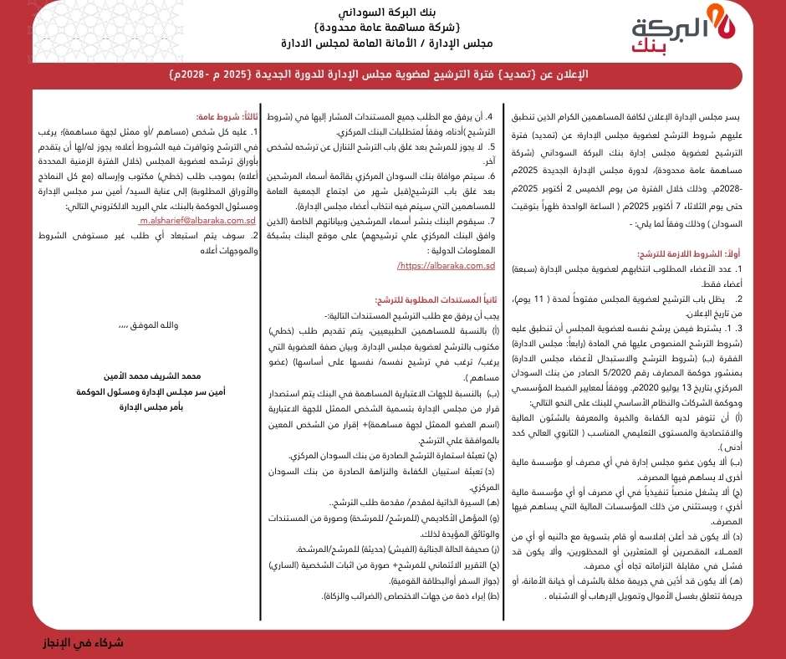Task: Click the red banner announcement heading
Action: pos(392,74)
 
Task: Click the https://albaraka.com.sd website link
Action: pos(447,265)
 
